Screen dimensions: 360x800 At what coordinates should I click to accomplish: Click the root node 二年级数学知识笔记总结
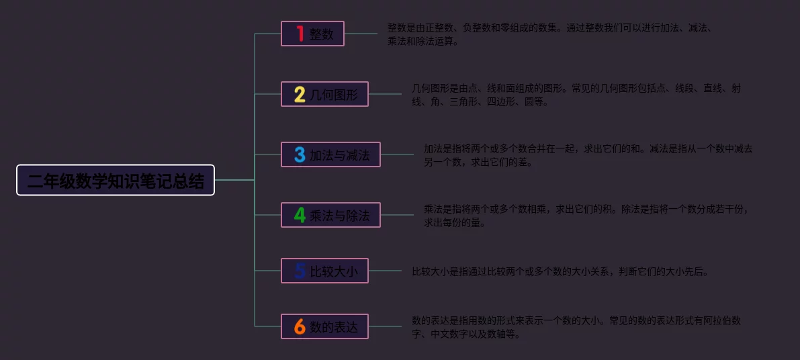116,180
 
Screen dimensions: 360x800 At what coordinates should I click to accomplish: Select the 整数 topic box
312,34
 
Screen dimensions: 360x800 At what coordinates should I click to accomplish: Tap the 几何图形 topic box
324,94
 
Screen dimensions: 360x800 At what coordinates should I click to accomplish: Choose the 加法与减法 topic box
330,154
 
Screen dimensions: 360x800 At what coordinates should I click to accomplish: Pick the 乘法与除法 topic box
330,215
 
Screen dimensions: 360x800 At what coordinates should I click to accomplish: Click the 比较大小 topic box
324,271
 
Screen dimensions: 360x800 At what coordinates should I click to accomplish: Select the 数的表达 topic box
324,326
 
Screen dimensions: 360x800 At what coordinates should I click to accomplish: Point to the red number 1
300,34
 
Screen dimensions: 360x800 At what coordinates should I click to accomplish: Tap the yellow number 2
300,94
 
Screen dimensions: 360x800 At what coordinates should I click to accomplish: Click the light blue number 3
300,154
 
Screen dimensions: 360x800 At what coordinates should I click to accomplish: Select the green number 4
300,215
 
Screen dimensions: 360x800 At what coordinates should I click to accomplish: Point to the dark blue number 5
300,271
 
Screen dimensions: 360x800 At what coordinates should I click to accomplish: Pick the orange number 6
300,326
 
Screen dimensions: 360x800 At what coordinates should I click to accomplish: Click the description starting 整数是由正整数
549,34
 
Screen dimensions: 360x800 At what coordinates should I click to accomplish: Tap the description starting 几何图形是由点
576,95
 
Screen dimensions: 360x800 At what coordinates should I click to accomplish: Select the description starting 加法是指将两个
588,155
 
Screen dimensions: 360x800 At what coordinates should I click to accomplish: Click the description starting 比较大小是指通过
560,271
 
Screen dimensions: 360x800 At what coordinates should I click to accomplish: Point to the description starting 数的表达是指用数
576,327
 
